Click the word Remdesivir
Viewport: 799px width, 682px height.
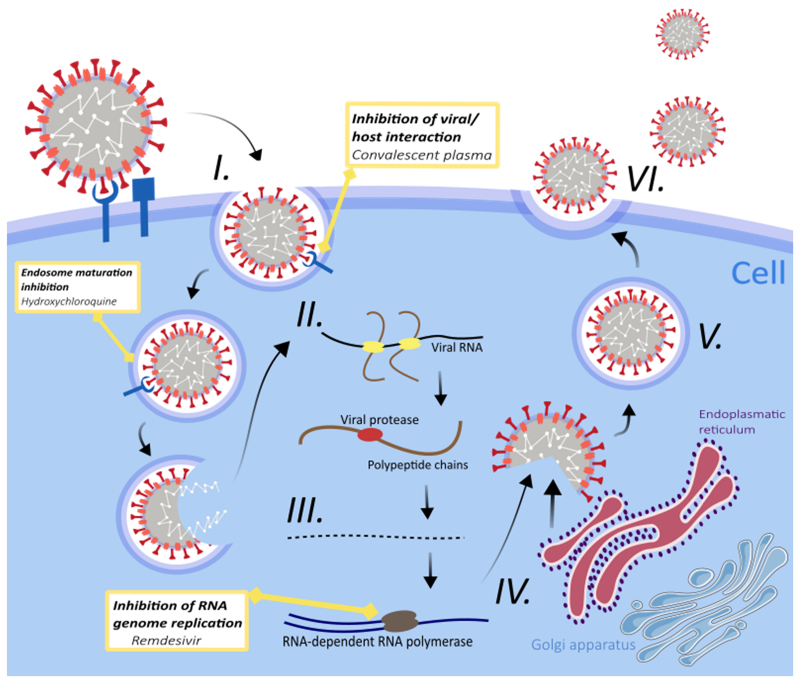pos(166,640)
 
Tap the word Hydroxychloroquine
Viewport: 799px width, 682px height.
pos(69,301)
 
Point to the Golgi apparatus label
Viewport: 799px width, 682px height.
pos(583,645)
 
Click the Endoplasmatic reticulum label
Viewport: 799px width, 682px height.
pos(741,422)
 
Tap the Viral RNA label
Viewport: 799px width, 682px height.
pos(457,347)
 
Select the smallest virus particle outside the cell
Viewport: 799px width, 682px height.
pos(683,34)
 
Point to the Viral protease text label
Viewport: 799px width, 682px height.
pos(379,420)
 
